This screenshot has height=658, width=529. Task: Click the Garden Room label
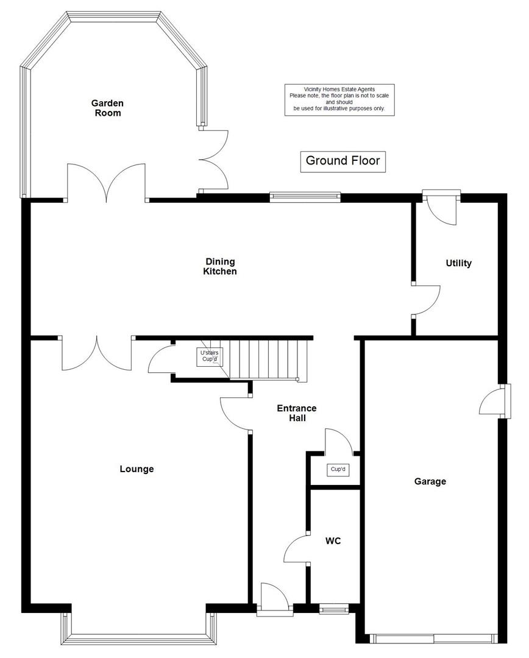click(107, 108)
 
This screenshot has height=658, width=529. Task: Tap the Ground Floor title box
click(343, 161)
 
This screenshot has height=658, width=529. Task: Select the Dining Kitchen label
click(219, 266)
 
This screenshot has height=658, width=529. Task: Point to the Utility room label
click(458, 263)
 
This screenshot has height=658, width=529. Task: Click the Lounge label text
click(137, 469)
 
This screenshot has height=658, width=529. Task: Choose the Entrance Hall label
click(296, 413)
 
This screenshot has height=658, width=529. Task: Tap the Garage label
click(430, 481)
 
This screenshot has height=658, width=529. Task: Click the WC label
click(332, 540)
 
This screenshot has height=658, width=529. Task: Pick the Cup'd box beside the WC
click(337, 469)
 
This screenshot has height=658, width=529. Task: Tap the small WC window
click(334, 607)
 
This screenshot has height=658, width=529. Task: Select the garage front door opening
click(434, 639)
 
